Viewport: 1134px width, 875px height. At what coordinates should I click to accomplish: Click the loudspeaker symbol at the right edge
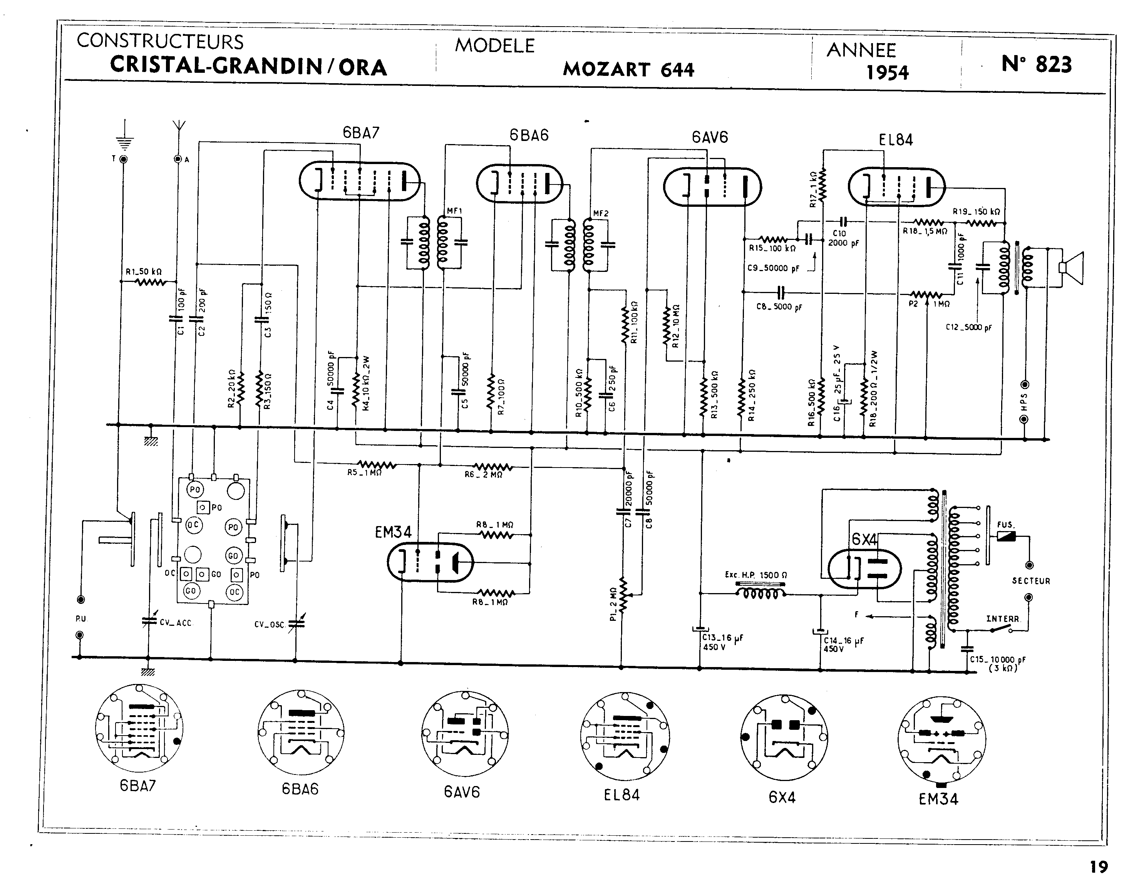pos(1072,267)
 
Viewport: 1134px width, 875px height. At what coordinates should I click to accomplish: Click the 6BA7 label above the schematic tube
pos(361,133)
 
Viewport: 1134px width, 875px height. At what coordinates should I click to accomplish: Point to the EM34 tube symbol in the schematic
pos(430,562)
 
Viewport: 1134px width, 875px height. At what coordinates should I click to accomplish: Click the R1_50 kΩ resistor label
pos(143,272)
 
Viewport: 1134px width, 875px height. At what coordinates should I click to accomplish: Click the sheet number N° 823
pos(1036,64)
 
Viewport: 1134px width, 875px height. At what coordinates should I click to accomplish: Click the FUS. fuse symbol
pos(1007,537)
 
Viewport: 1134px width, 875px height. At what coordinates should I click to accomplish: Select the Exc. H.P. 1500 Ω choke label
pos(756,575)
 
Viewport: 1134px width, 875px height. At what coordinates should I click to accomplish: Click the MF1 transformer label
pos(454,211)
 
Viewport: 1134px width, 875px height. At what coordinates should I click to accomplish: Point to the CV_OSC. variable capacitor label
pos(270,624)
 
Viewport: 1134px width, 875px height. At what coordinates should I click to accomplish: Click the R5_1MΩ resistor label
pos(365,473)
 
